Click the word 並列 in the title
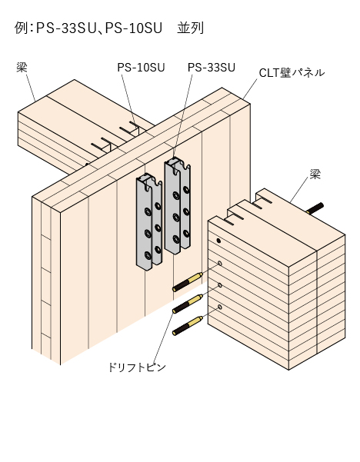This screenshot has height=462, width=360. click(x=190, y=28)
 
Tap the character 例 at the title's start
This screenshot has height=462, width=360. click(x=21, y=28)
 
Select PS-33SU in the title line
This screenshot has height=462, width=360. click(x=66, y=28)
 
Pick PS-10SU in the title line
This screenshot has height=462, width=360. click(x=134, y=28)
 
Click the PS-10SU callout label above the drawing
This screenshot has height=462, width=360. click(x=141, y=68)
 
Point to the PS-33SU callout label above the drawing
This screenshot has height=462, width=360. click(x=212, y=68)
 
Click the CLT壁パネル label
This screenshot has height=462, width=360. click(x=292, y=72)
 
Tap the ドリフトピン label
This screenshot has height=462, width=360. click(x=137, y=367)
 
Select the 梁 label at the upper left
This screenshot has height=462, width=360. click(x=22, y=68)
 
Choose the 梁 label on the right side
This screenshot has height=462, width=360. click(x=315, y=174)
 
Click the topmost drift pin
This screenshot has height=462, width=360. click(x=188, y=282)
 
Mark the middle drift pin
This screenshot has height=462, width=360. click(x=188, y=304)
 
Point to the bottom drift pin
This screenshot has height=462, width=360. click(x=188, y=326)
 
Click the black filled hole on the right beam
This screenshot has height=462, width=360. click(x=218, y=241)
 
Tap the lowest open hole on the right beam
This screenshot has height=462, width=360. click(x=220, y=307)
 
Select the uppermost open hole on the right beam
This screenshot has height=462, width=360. click(x=220, y=263)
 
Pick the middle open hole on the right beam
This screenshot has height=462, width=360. click(x=220, y=285)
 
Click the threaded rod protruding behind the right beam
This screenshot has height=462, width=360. click(x=315, y=208)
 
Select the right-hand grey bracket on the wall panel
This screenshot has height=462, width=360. click(x=178, y=205)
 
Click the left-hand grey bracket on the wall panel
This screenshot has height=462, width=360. click(x=149, y=221)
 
